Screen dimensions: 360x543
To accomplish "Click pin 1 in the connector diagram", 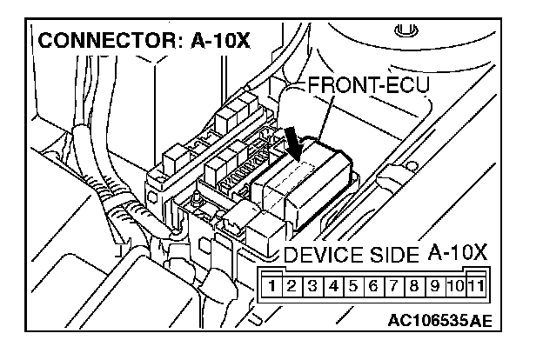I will click(x=273, y=284).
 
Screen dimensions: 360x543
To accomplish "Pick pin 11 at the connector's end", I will click(x=476, y=284).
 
